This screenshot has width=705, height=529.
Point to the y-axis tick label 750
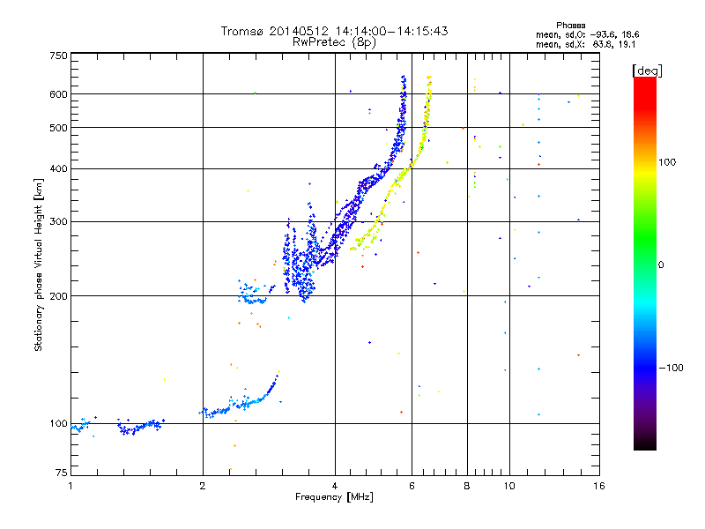click(x=59, y=55)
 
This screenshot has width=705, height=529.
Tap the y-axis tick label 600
click(x=59, y=94)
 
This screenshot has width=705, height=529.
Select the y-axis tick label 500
click(x=59, y=128)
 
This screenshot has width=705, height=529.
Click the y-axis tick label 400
click(x=59, y=168)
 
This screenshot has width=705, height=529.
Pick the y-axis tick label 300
click(x=59, y=221)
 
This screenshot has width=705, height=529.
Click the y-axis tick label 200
click(x=59, y=296)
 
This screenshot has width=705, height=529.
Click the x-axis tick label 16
click(x=598, y=486)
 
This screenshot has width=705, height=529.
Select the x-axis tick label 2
click(x=203, y=486)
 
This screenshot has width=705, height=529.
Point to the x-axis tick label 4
click(x=335, y=486)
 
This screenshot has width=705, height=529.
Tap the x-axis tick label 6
click(x=412, y=486)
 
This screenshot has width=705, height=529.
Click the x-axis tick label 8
click(x=467, y=486)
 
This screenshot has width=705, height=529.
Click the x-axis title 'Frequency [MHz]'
click(x=334, y=498)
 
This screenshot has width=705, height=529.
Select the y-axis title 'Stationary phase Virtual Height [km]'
click(x=39, y=264)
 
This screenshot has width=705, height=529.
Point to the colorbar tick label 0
click(x=663, y=264)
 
